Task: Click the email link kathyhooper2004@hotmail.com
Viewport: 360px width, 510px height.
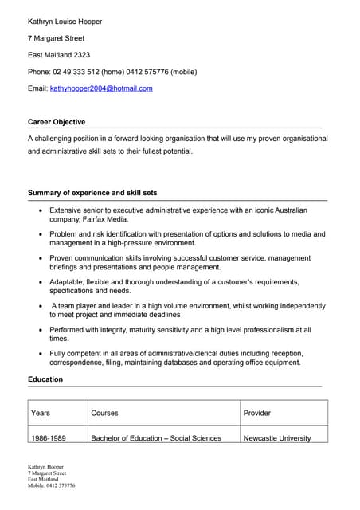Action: (101, 88)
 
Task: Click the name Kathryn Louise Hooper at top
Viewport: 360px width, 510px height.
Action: (65, 22)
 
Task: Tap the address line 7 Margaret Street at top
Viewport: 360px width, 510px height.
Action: (56, 38)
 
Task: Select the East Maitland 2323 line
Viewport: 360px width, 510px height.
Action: (59, 55)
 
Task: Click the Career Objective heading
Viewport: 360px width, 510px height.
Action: (57, 122)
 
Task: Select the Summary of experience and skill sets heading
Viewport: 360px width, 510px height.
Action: (92, 193)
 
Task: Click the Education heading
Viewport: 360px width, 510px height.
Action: (45, 379)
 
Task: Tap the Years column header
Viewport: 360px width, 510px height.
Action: (41, 413)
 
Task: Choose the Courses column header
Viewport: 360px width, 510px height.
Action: (104, 413)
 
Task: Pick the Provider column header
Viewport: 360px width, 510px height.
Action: (257, 413)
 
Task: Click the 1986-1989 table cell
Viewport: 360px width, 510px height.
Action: (49, 438)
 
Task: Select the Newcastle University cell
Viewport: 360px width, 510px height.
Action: (277, 438)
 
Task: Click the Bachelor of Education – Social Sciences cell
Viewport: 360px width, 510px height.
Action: (156, 438)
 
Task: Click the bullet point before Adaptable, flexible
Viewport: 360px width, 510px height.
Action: (41, 282)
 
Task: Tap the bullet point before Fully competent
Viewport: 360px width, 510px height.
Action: (41, 353)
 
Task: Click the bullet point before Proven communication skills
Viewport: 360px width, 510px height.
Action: (41, 258)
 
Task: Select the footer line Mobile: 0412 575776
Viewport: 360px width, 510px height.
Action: (52, 485)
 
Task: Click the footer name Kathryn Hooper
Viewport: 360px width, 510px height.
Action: (45, 467)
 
